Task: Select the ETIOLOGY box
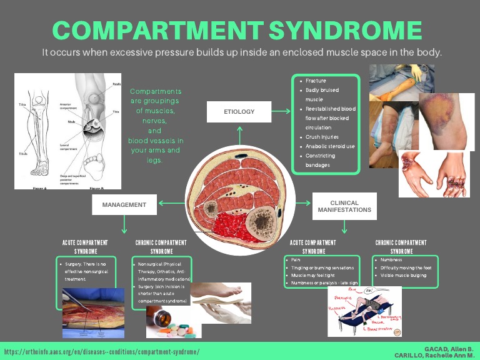pos(239,111)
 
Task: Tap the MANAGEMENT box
pos(124,204)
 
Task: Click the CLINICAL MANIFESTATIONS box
pos(344,206)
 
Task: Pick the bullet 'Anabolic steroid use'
pos(330,146)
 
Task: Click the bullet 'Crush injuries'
pos(322,137)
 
